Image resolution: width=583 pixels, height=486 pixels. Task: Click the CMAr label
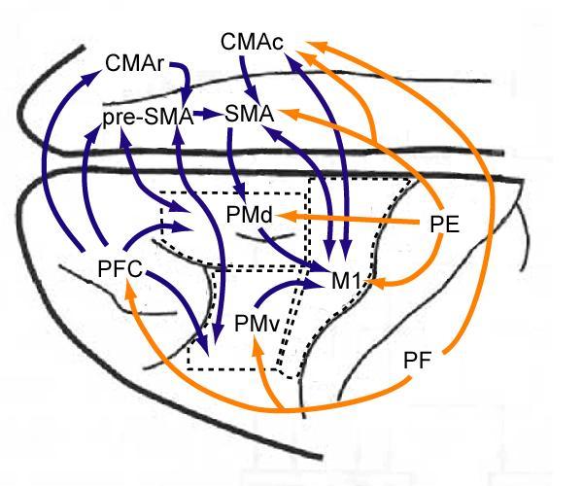point(136,65)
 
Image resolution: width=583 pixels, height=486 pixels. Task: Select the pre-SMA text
point(146,118)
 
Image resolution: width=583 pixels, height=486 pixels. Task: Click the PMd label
point(251,213)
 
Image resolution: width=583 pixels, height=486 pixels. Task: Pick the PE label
point(443,224)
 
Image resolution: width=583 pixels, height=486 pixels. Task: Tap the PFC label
point(120,267)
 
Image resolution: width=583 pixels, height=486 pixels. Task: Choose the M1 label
point(345,282)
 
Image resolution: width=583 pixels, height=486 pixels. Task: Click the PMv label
point(257,324)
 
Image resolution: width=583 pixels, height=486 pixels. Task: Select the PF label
point(417,361)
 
